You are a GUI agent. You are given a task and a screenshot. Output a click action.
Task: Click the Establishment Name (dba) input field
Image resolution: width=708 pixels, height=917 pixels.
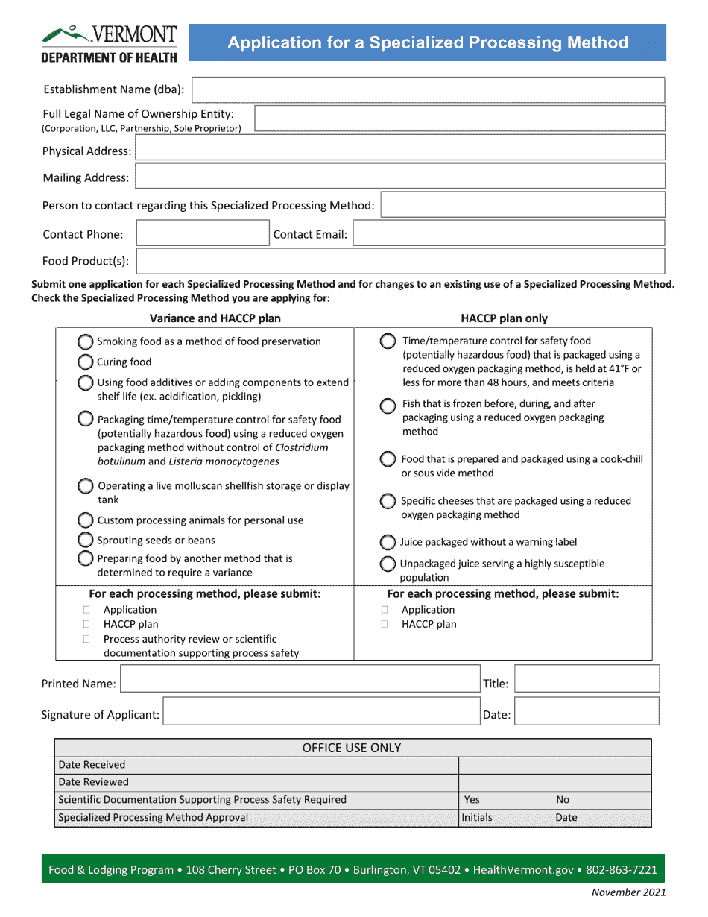[x=428, y=89]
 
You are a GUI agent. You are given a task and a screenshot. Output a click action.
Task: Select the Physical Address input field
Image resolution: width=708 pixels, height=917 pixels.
[x=399, y=148]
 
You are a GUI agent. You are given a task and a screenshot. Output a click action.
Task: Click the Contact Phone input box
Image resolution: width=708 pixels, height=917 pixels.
[x=202, y=233]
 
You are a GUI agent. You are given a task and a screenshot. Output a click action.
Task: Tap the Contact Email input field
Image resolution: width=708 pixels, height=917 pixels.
[x=508, y=233]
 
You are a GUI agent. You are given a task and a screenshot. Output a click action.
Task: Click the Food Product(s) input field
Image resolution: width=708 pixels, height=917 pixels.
[x=400, y=261]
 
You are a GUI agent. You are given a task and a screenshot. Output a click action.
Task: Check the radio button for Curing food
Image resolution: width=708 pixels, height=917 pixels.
[x=86, y=362]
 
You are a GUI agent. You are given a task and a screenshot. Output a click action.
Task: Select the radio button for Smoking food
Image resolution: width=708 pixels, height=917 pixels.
[x=86, y=341]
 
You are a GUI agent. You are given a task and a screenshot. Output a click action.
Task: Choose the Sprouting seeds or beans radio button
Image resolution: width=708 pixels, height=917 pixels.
[x=86, y=540]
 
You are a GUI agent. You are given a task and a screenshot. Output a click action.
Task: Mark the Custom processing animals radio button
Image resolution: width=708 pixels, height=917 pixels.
[x=86, y=520]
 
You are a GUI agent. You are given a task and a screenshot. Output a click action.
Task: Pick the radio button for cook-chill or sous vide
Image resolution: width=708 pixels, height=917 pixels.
[x=388, y=459]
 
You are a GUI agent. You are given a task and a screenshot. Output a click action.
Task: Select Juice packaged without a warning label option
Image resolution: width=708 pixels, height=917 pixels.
[x=388, y=542]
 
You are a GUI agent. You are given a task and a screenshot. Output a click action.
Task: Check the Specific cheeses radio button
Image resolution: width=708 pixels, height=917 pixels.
[x=388, y=501]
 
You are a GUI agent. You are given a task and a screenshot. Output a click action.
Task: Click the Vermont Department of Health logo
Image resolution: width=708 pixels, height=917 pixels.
[x=109, y=44]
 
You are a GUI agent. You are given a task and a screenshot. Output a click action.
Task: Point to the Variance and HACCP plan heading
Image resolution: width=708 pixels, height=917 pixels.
[x=215, y=318]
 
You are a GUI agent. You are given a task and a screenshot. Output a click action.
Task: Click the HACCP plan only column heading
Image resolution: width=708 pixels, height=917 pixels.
[x=504, y=318]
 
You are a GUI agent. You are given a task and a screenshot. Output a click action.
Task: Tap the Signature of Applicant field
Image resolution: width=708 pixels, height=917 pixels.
[x=321, y=711]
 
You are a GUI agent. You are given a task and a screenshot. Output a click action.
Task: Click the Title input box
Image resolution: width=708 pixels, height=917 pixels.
[x=587, y=679]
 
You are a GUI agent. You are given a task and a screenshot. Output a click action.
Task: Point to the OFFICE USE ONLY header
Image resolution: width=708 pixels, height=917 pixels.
[x=352, y=748]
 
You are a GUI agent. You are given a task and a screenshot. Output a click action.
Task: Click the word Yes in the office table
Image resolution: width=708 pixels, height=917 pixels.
[x=472, y=800]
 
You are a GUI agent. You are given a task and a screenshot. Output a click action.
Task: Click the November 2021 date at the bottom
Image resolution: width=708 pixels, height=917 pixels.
[x=628, y=892]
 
